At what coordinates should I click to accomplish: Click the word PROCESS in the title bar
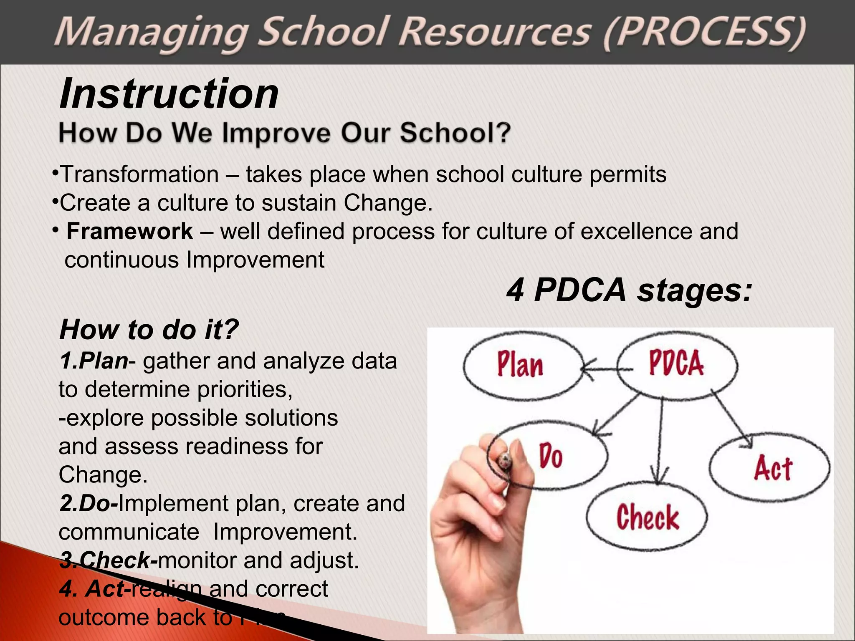point(706,33)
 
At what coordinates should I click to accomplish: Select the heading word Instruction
point(169,94)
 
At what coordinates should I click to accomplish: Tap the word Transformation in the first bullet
point(140,174)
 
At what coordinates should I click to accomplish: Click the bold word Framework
point(129,231)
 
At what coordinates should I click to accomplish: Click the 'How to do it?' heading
point(149,330)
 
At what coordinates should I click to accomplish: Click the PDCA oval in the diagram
point(676,363)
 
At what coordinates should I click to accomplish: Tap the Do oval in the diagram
point(551,456)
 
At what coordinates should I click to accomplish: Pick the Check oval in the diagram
point(647,517)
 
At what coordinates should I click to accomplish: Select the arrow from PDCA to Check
point(660,442)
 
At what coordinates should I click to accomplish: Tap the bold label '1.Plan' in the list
point(94,361)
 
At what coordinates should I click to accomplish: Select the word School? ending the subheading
point(455,133)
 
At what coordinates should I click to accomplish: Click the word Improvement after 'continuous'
point(255,260)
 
